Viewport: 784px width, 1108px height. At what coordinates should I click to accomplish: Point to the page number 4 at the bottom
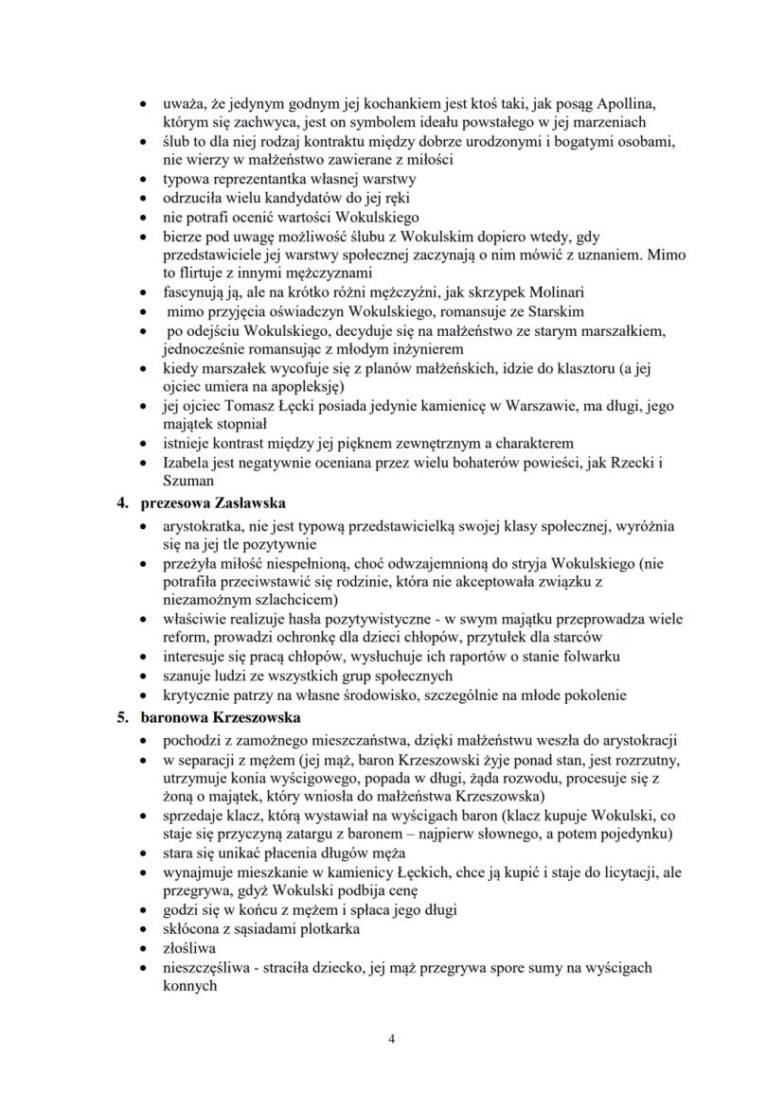pyautogui.click(x=392, y=1039)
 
